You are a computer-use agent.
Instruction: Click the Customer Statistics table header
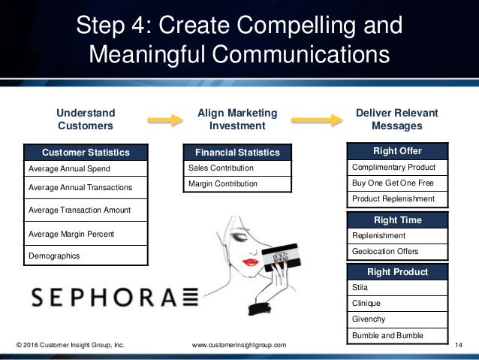tap(85, 153)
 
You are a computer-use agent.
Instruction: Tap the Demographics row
tap(85, 256)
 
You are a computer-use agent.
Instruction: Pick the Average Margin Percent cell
tap(85, 234)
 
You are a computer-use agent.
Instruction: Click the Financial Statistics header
tap(236, 153)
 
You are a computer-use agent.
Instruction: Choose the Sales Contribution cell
tap(236, 168)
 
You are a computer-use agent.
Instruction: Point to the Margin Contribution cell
tap(236, 184)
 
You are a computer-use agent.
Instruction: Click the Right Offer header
tap(397, 151)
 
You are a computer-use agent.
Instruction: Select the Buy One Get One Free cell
tap(397, 183)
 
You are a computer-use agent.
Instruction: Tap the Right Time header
tap(397, 220)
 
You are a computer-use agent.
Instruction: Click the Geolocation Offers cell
tap(397, 251)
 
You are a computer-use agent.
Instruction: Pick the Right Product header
tap(397, 272)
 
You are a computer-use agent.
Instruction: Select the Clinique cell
tap(397, 303)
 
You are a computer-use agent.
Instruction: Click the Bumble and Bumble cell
tap(397, 334)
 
